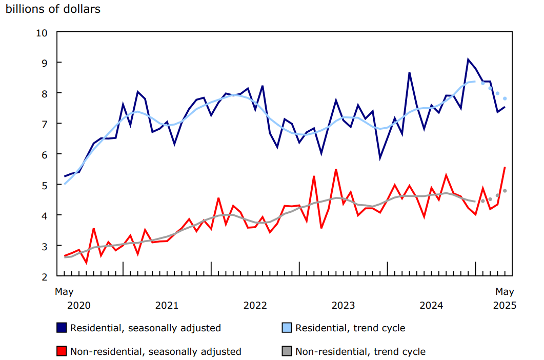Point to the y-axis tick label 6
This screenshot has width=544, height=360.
tap(45, 154)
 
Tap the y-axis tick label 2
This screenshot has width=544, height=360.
tap(45, 276)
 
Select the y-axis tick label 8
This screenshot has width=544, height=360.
tap(45, 93)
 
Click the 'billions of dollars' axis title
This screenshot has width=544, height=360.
tap(53, 9)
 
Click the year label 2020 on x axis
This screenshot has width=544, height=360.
tap(78, 306)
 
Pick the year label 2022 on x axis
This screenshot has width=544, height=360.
tap(255, 306)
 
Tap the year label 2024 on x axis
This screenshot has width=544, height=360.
tap(431, 306)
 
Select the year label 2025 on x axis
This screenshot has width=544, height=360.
tap(505, 306)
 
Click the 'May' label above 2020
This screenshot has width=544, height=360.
tap(64, 292)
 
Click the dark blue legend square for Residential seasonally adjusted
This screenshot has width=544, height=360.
tap(62, 327)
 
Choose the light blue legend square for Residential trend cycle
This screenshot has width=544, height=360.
tap(287, 327)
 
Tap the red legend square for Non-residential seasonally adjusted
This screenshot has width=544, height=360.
tap(62, 351)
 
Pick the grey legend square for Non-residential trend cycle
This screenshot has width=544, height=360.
tap(287, 351)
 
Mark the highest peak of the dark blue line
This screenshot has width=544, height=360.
tap(468, 59)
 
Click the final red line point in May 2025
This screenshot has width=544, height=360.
tap(505, 167)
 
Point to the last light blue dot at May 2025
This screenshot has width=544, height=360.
tap(505, 98)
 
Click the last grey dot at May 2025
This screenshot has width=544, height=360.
tap(505, 191)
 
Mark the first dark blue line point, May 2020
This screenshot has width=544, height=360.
tap(65, 176)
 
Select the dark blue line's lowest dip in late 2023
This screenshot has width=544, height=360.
tap(380, 158)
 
